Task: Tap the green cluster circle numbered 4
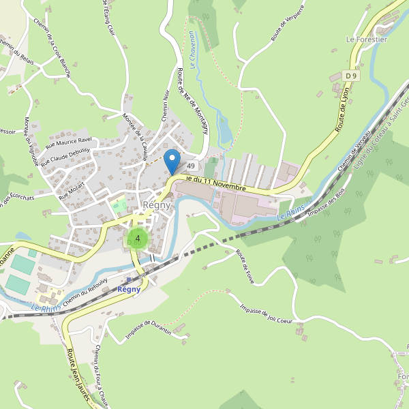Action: [138, 239]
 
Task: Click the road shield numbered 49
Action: [191, 166]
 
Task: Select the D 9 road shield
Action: [351, 75]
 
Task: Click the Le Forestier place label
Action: [366, 40]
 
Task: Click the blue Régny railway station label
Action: [129, 289]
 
